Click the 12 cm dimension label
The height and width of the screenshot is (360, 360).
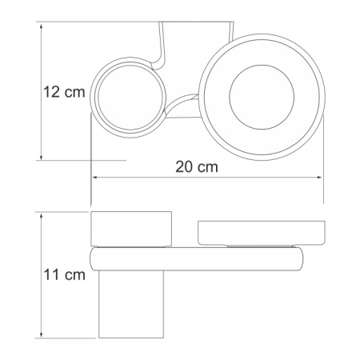coord(62,93)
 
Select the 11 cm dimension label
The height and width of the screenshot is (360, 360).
coord(62,275)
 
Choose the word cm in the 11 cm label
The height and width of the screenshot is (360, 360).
coord(74,275)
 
